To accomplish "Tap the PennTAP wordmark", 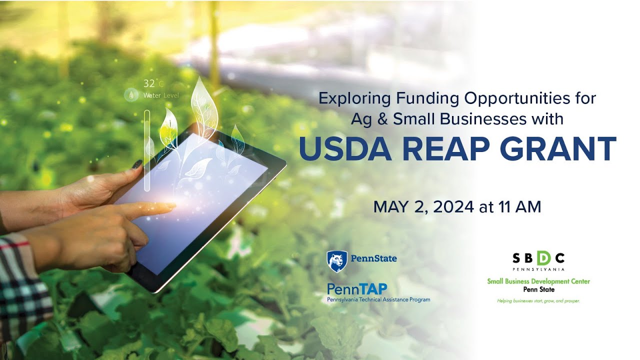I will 356,289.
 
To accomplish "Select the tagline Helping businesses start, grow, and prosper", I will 538,301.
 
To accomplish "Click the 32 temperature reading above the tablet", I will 149,83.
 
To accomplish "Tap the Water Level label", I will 160,95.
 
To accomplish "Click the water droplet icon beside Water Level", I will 131,94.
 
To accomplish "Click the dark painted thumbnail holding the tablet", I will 136,164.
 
